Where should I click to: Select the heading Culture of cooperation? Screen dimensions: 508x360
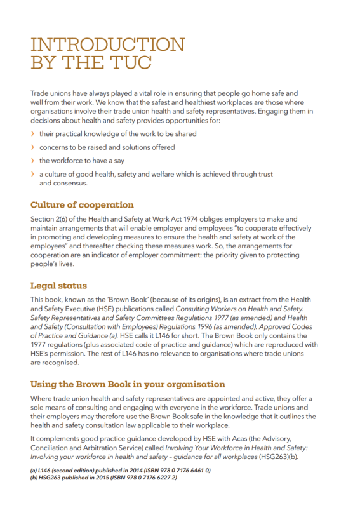pyautogui.click(x=82, y=205)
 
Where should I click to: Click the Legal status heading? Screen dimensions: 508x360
pyautogui.click(x=59, y=286)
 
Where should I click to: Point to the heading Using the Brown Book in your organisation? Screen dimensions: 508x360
pyautogui.click(x=128, y=384)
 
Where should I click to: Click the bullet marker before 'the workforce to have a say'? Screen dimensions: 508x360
pyautogui.click(x=33, y=161)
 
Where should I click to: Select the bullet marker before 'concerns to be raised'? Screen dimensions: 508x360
pyautogui.click(x=33, y=147)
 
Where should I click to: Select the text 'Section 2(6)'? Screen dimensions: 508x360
pyautogui.click(x=51, y=219)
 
